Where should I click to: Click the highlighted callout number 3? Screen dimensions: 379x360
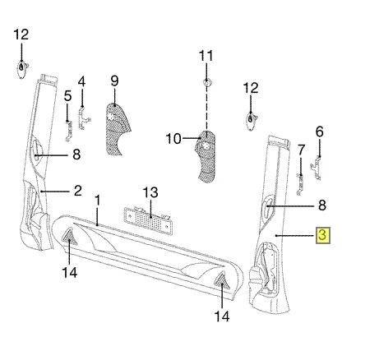(323, 235)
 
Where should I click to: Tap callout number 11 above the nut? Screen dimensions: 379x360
(206, 56)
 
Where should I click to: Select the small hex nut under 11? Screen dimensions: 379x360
(206, 82)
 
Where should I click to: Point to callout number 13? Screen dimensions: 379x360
(150, 192)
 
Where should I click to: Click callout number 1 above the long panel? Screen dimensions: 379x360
(98, 201)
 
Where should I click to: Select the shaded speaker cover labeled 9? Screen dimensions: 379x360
(118, 129)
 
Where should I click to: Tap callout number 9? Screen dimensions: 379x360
(114, 81)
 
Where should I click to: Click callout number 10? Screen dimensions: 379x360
(173, 139)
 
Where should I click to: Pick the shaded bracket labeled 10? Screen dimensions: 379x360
(206, 156)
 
